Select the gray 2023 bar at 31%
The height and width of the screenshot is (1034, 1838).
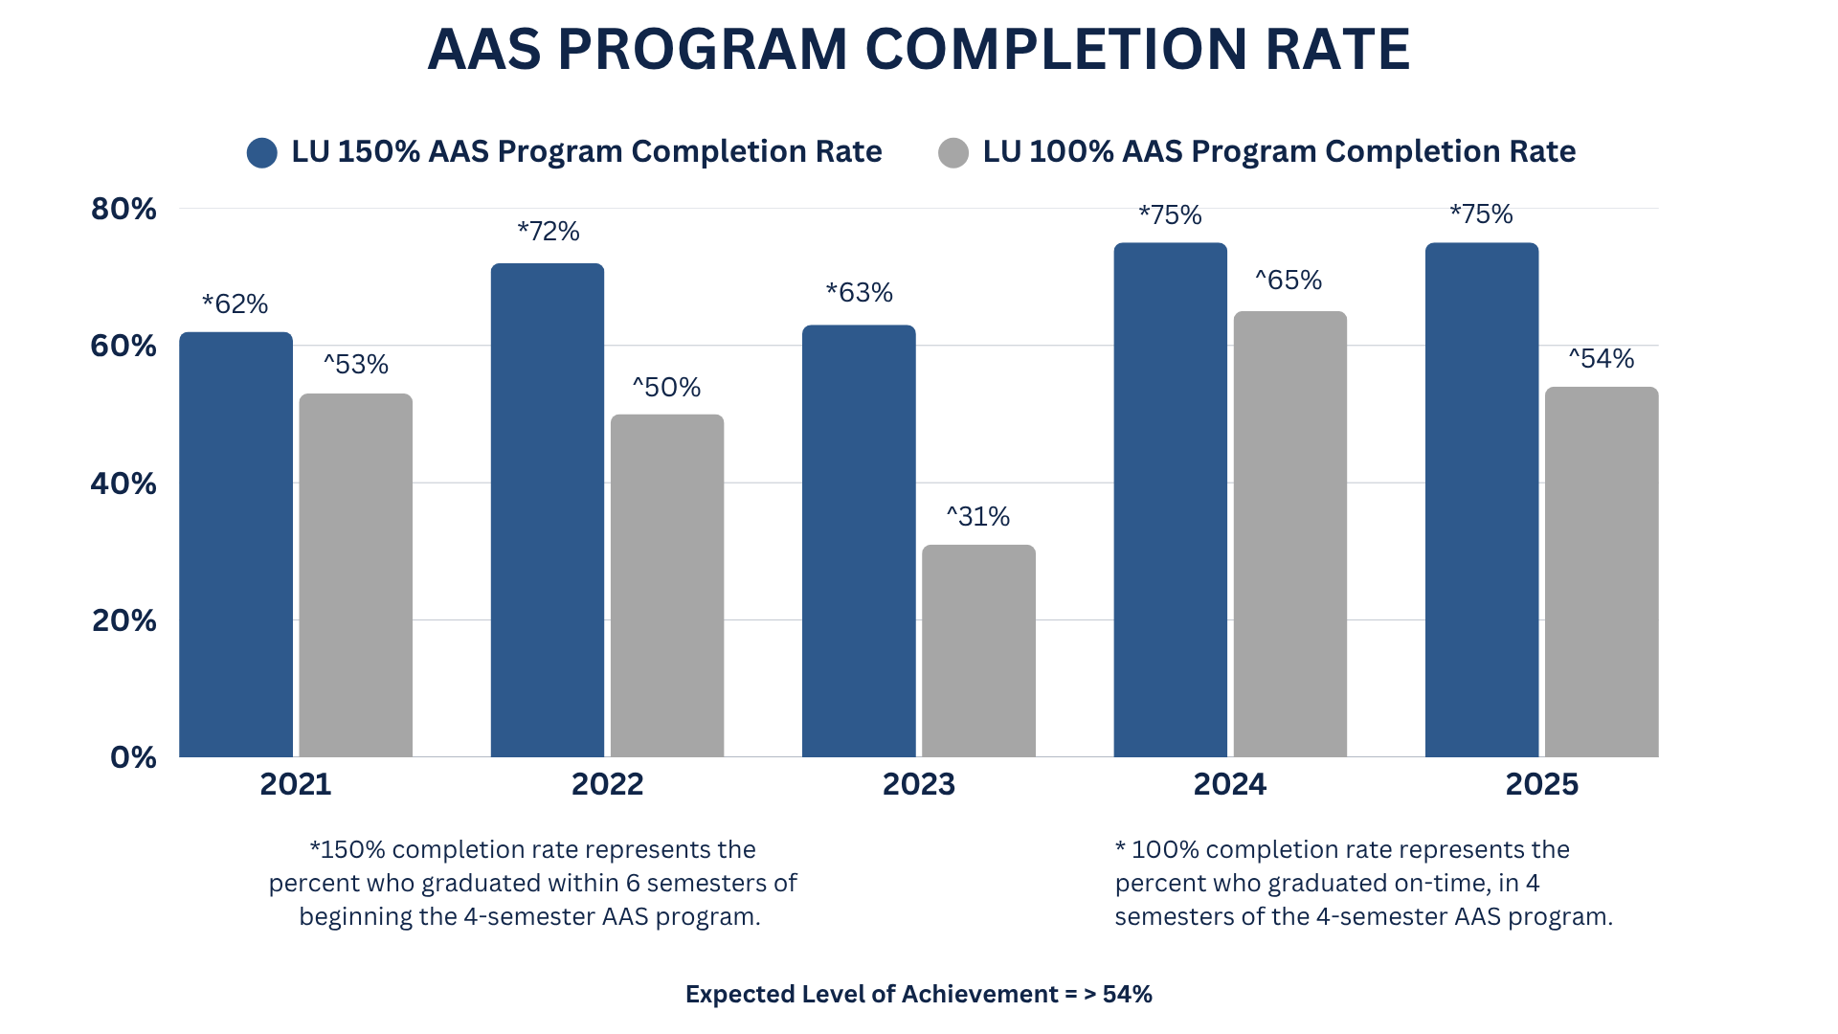point(978,651)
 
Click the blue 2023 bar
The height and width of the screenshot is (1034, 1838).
point(859,541)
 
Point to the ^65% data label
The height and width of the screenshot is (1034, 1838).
point(1289,281)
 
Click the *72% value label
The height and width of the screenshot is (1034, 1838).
point(549,232)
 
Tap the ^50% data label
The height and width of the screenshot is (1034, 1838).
point(666,388)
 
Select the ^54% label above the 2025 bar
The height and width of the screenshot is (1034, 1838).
point(1602,359)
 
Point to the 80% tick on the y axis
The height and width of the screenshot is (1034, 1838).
point(123,209)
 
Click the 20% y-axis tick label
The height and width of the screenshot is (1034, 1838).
point(123,620)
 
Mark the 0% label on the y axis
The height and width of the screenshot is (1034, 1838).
point(133,757)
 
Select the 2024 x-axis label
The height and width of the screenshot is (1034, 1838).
point(1229,784)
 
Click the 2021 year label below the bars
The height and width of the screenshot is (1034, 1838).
point(296,784)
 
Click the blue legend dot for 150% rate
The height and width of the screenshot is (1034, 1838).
point(261,153)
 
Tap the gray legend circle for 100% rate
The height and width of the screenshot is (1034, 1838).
point(953,153)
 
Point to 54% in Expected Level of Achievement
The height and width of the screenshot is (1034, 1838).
point(1127,995)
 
